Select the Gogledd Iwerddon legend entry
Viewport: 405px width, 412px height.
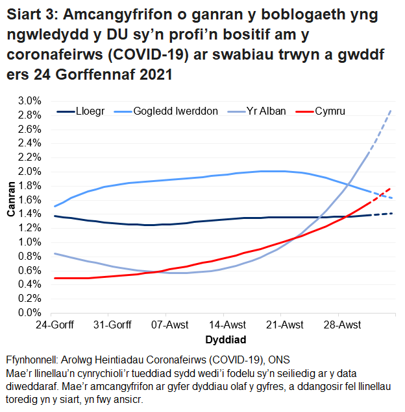click(175, 111)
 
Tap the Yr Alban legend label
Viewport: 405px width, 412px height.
click(265, 111)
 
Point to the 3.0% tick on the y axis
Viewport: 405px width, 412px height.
click(29, 101)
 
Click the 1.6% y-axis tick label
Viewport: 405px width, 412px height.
click(29, 200)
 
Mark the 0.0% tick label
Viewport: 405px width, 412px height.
click(29, 312)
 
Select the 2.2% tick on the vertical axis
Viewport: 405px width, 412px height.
click(29, 157)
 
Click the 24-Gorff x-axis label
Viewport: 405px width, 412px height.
click(54, 325)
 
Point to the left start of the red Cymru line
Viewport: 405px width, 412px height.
click(56, 278)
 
